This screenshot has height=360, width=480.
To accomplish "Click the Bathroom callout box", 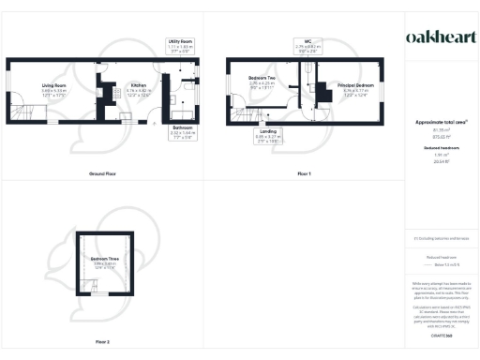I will pos(182,132).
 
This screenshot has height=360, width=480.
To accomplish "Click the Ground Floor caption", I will pos(102,175).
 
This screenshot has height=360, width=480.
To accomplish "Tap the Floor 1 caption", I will pos(304,175).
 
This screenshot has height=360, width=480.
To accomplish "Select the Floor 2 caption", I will pos(102,341).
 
